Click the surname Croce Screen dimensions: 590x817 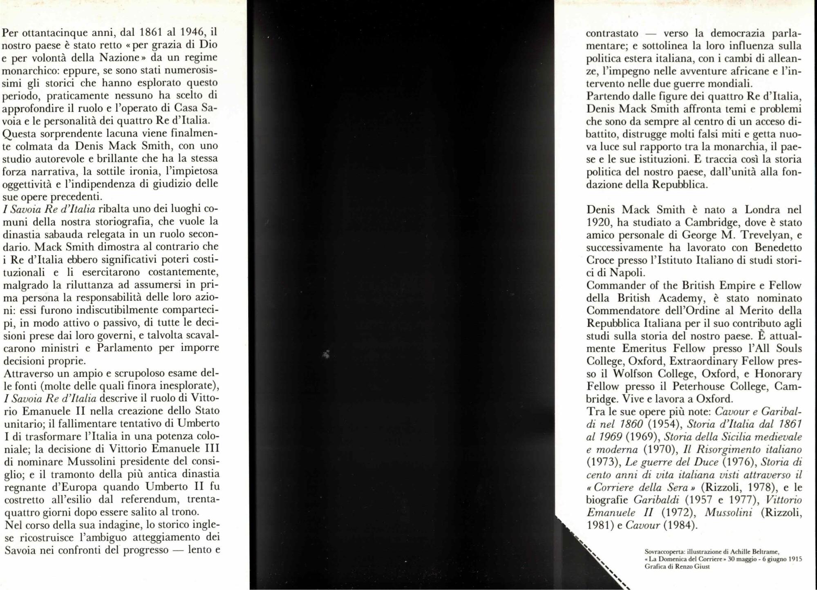coord(600,260)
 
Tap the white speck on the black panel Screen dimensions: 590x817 coord(327,354)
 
